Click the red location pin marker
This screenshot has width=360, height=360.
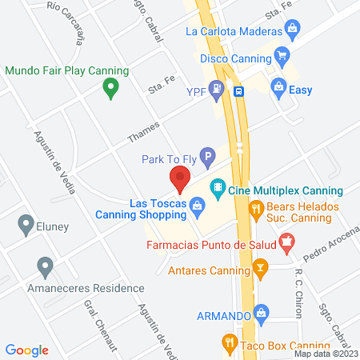[x=179, y=178]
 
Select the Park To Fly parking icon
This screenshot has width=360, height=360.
[x=207, y=159]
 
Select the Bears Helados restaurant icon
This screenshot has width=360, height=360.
[x=257, y=210]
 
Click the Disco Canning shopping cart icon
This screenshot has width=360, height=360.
[x=281, y=56]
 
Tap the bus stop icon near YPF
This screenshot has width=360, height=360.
[x=239, y=91]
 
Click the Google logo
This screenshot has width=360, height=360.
[x=27, y=350]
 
